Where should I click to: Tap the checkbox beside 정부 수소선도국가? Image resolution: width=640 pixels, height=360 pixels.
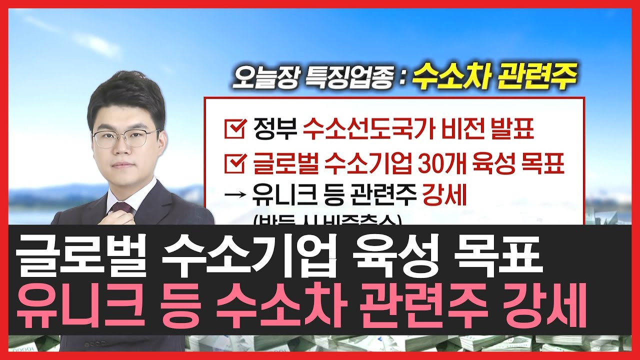pyautogui.click(x=234, y=129)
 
